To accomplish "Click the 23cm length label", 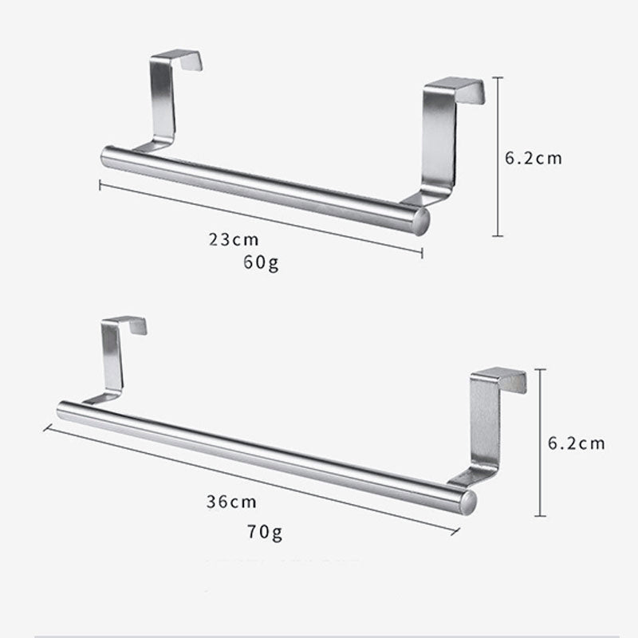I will coord(235,238).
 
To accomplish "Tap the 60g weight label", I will coord(261,262).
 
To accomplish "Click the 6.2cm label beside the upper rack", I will coord(534,158).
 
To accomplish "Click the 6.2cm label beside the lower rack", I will coord(576,443).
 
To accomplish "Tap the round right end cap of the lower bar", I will coord(467,501).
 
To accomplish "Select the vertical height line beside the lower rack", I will coord(542,443).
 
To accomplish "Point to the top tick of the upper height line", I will coord(498,77).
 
